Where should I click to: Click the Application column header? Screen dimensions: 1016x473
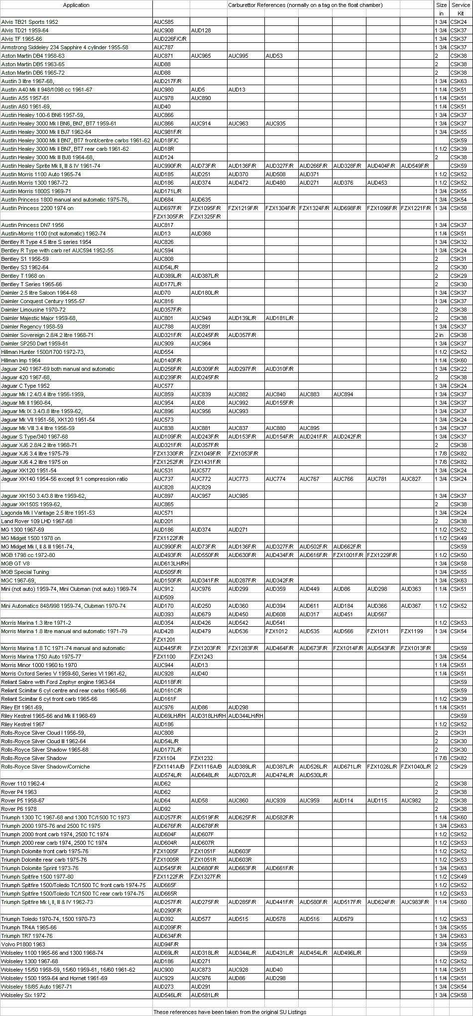(76, 5)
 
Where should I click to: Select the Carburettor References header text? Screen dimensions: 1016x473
(305, 5)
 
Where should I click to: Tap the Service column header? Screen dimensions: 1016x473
(461, 5)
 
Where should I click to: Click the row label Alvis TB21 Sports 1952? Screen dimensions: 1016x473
(30, 22)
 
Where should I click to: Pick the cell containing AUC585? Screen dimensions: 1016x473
(164, 22)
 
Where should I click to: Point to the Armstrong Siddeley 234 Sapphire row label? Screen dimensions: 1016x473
(65, 47)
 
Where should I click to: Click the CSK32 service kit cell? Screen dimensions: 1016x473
(459, 242)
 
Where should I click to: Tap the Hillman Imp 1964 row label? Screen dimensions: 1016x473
(21, 360)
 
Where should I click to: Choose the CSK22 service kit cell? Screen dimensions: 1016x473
(459, 369)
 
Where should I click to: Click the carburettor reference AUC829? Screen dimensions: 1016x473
(201, 487)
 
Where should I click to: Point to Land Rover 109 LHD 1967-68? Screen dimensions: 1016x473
(37, 521)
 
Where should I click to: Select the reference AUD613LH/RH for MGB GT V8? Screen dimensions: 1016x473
(171, 564)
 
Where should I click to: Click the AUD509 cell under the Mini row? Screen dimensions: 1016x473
(164, 597)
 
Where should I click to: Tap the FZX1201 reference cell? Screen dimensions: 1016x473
(164, 640)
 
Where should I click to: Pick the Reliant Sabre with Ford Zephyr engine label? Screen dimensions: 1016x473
(58, 682)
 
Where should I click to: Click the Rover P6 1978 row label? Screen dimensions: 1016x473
(19, 809)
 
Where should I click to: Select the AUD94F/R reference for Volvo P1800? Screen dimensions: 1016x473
(166, 944)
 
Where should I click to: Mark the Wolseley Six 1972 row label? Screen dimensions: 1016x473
(23, 995)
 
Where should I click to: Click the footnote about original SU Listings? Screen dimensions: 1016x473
(230, 1012)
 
